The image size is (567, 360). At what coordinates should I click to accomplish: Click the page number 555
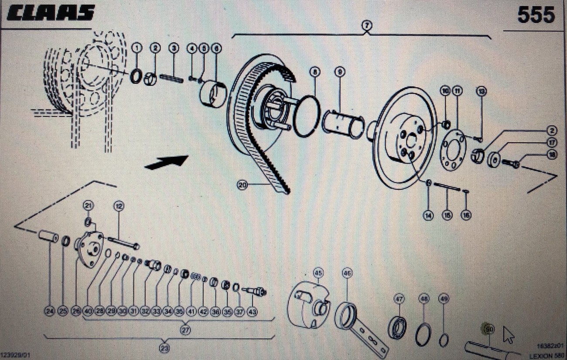(536, 16)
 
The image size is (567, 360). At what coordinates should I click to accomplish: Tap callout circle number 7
(366, 26)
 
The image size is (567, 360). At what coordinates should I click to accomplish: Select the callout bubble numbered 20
(243, 185)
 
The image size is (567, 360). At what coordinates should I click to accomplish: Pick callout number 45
(318, 273)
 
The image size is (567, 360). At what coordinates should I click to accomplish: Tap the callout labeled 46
(347, 273)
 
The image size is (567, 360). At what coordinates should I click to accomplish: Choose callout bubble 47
(399, 299)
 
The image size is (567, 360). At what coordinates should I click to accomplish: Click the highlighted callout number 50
(489, 330)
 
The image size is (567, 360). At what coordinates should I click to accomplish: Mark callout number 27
(186, 330)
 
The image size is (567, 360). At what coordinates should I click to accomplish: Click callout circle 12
(118, 205)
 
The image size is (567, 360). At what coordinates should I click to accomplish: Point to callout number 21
(89, 205)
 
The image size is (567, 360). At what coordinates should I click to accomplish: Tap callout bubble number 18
(552, 154)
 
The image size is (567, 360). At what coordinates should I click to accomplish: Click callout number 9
(340, 71)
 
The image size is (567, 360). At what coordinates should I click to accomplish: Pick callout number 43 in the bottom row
(252, 312)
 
